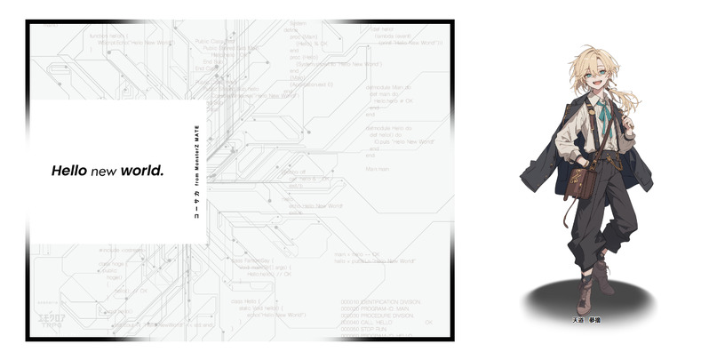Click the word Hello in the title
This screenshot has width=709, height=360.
68,170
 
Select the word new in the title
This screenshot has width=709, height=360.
104,170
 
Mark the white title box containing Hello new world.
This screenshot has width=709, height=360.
118,171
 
